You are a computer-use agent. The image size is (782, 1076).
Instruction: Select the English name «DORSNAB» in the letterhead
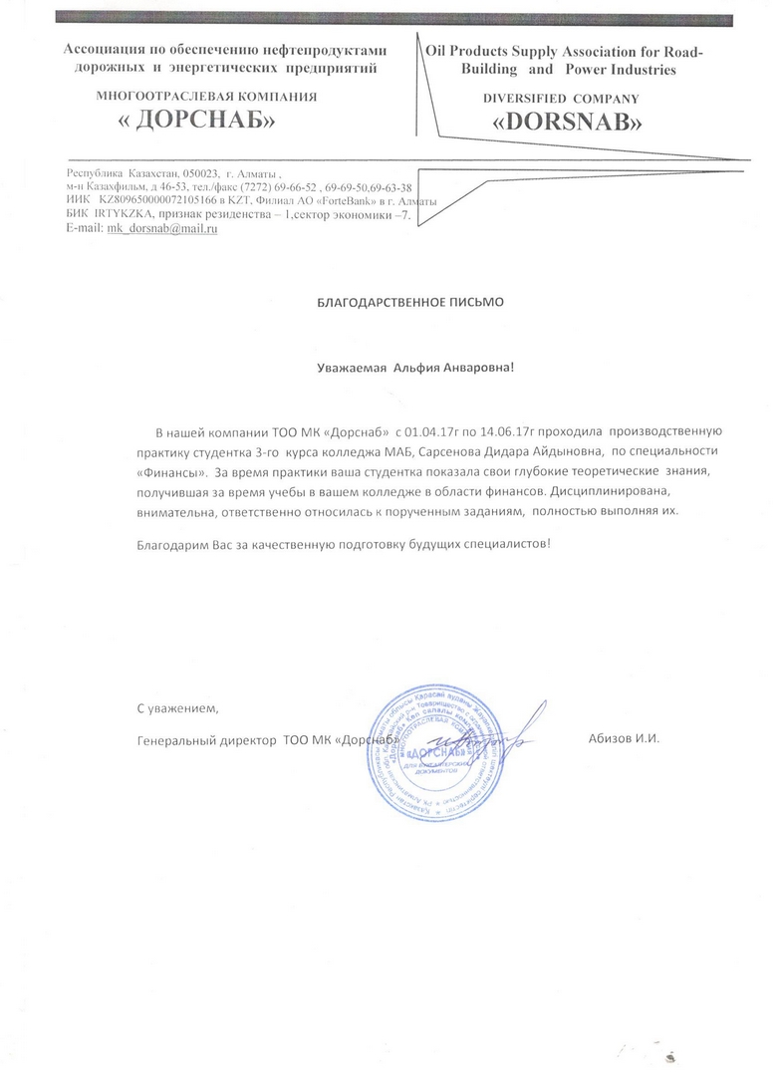tap(568, 123)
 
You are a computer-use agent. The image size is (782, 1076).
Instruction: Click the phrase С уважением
tap(176, 708)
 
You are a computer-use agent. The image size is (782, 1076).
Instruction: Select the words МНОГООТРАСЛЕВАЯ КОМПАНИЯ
tap(206, 97)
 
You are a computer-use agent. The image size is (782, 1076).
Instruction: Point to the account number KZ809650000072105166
tap(165, 201)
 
